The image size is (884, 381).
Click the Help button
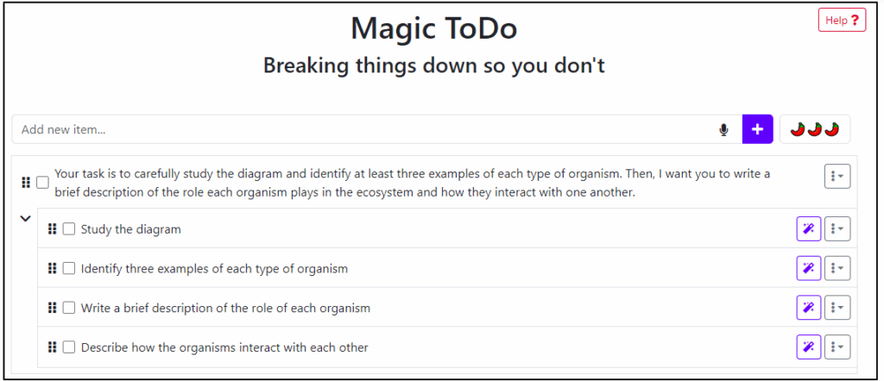[842, 21]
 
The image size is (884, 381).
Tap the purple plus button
[757, 129]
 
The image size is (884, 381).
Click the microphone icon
[724, 130]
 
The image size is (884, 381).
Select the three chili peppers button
[815, 129]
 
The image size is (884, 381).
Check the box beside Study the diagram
[69, 229]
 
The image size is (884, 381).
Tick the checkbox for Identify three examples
[69, 268]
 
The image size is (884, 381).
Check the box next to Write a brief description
[69, 308]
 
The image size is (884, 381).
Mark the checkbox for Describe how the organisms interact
[69, 347]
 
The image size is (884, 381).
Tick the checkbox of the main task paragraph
[42, 183]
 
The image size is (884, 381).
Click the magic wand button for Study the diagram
[808, 229]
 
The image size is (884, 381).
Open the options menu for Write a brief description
[837, 308]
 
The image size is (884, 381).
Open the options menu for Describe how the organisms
[837, 347]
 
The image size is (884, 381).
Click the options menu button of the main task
[837, 176]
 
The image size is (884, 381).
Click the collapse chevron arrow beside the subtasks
[25, 219]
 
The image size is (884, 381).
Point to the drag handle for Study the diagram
[52, 229]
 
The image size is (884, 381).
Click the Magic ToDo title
[433, 28]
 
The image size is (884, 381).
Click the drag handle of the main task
[25, 183]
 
